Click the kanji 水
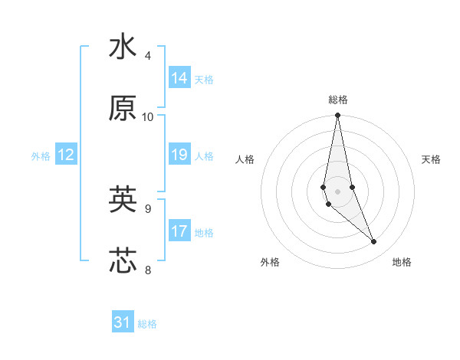tap(123, 47)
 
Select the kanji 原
tap(123, 109)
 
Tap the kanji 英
tap(123, 200)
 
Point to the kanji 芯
tap(123, 260)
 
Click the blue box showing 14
tap(179, 78)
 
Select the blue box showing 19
tap(179, 155)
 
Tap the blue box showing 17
tap(179, 231)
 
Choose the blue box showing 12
tap(66, 155)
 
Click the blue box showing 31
tap(123, 322)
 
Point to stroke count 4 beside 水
tap(148, 56)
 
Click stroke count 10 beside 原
tap(148, 117)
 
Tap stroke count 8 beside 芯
tap(148, 270)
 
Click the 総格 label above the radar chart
tap(338, 100)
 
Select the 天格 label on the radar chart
tap(432, 159)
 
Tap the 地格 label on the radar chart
tap(402, 262)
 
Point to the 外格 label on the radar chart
tap(270, 262)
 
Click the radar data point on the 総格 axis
tap(338, 116)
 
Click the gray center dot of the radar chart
tap(338, 191)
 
